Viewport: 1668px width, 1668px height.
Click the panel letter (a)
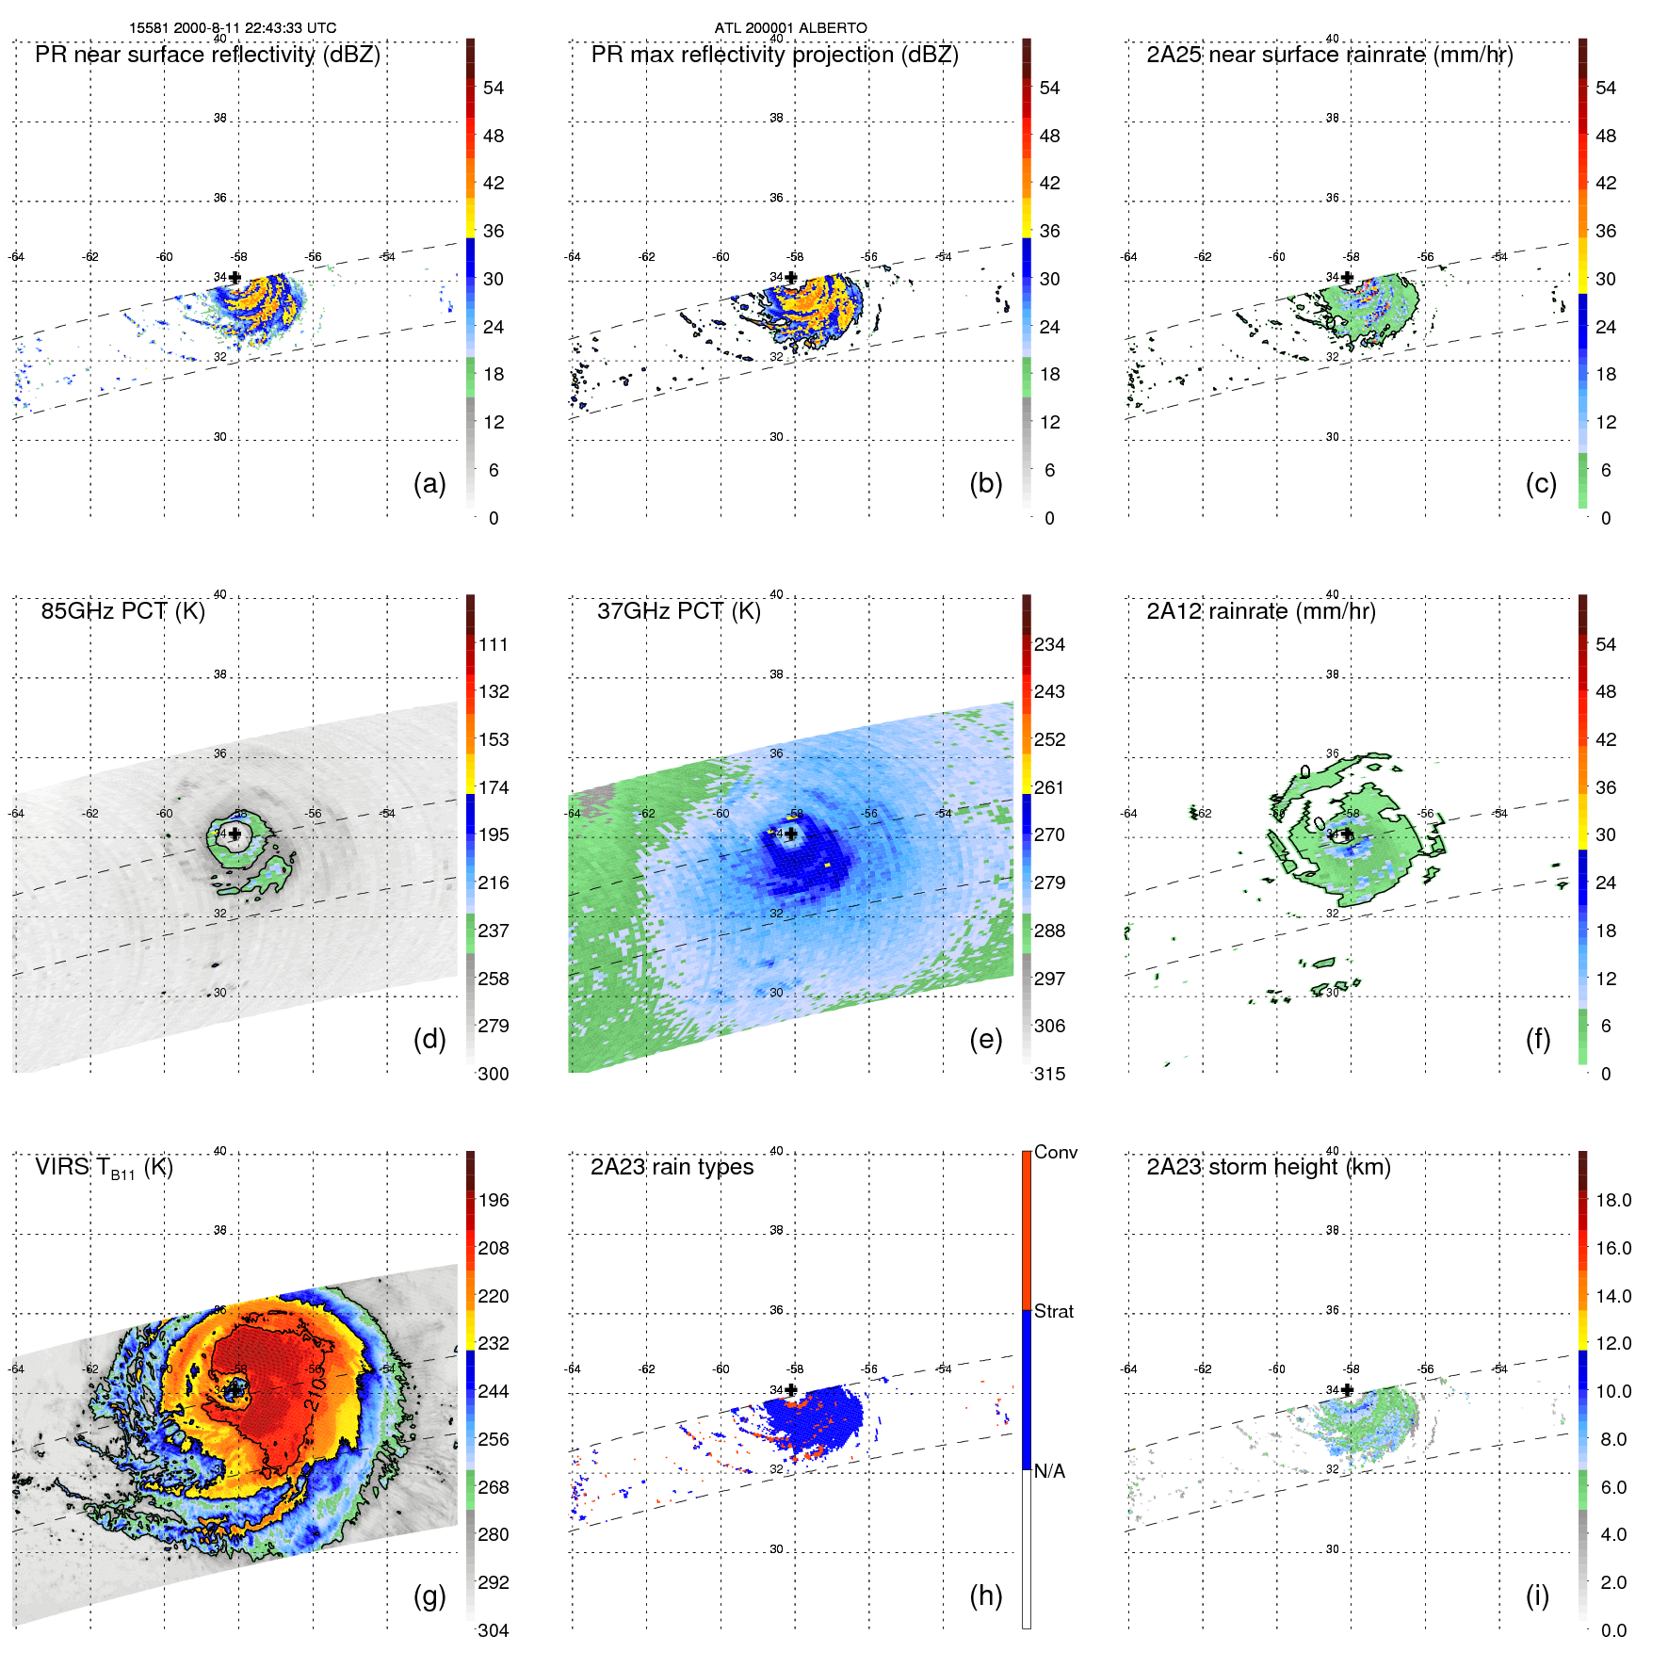pyautogui.click(x=429, y=484)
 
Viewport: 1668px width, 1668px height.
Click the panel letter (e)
pyautogui.click(x=985, y=1040)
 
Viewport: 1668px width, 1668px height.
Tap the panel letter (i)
pyautogui.click(x=1537, y=1595)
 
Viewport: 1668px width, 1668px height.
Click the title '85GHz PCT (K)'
pyautogui.click(x=122, y=611)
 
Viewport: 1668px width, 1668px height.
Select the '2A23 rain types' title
pyautogui.click(x=672, y=1167)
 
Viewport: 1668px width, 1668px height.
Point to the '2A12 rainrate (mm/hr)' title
pyautogui.click(x=1260, y=611)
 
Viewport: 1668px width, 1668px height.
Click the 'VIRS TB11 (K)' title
pyautogui.click(x=104, y=1168)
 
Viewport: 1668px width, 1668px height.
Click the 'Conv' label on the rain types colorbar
pyautogui.click(x=1056, y=1153)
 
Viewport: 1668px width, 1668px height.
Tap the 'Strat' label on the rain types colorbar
pyautogui.click(x=1054, y=1312)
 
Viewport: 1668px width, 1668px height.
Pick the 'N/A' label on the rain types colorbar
pyautogui.click(x=1049, y=1471)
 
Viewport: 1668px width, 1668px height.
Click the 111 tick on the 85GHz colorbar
pyautogui.click(x=494, y=645)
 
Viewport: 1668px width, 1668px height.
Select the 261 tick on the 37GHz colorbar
pyautogui.click(x=1049, y=787)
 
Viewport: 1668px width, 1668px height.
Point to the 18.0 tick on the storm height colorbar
pyautogui.click(x=1613, y=1201)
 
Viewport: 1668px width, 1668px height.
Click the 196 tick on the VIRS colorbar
pyautogui.click(x=494, y=1201)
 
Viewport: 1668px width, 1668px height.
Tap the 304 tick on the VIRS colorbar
pyautogui.click(x=494, y=1630)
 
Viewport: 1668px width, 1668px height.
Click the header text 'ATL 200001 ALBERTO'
pyautogui.click(x=790, y=28)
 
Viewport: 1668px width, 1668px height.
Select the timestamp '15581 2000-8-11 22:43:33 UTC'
pyautogui.click(x=233, y=28)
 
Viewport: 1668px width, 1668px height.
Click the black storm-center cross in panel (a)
pyautogui.click(x=235, y=278)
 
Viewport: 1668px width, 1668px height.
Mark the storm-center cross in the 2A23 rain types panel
pyautogui.click(x=791, y=1390)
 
